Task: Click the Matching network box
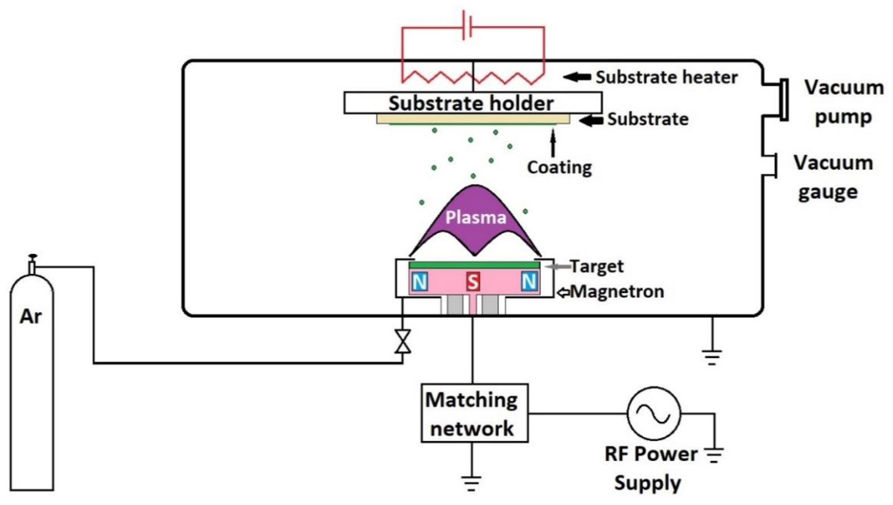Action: (474, 413)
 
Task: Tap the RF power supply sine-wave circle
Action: (654, 413)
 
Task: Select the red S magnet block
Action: (473, 281)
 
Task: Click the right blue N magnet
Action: (529, 281)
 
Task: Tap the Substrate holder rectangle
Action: (473, 103)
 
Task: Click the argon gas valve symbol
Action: (403, 341)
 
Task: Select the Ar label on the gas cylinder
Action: (31, 316)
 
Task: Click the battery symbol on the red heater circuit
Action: (467, 26)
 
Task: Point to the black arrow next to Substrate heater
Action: (577, 77)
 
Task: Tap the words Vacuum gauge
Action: (833, 177)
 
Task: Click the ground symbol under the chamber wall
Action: (712, 357)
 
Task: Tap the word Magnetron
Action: (617, 291)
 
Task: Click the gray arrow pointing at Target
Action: (558, 266)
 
